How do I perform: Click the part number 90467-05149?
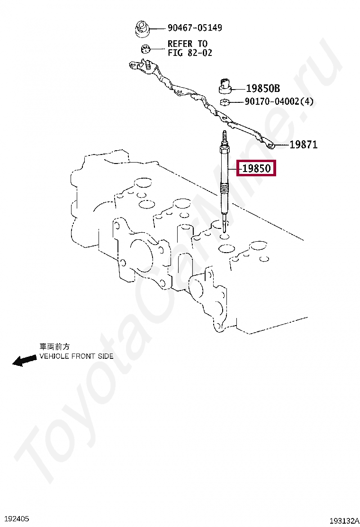pyautogui.click(x=194, y=28)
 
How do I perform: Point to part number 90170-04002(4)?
pyautogui.click(x=279, y=102)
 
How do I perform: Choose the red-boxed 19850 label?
pyautogui.click(x=256, y=168)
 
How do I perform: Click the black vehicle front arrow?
pyautogui.click(x=24, y=361)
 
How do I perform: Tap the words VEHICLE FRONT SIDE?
pyautogui.click(x=76, y=356)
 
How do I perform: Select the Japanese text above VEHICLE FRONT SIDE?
pyautogui.click(x=54, y=347)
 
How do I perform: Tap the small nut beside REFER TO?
pyautogui.click(x=145, y=48)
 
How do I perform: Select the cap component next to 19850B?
pyautogui.click(x=225, y=85)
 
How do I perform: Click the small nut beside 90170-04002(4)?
pyautogui.click(x=225, y=102)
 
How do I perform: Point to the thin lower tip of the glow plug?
pyautogui.click(x=225, y=223)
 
